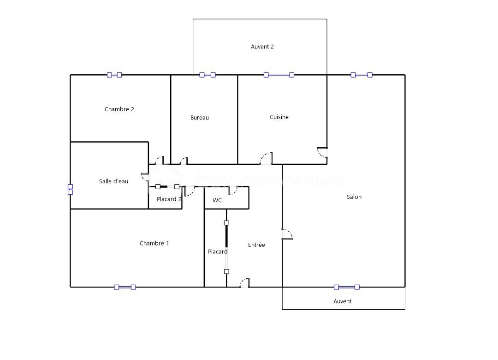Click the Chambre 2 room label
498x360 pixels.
[x=119, y=109]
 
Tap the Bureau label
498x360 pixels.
[x=200, y=117]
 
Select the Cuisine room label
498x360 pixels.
[x=279, y=117]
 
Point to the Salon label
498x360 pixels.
[x=354, y=197]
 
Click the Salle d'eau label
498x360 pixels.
[x=113, y=181]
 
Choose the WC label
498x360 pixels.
[x=217, y=200]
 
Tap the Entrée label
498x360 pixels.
[x=256, y=245]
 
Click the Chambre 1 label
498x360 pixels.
[x=154, y=243]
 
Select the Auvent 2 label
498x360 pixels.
[x=262, y=47]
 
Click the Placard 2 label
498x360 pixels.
[x=169, y=199]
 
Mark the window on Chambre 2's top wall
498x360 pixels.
[x=114, y=75]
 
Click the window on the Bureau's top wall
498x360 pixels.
[x=207, y=75]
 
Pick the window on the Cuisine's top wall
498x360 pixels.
[x=279, y=75]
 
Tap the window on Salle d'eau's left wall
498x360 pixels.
[x=70, y=189]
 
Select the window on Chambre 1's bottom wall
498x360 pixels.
[x=125, y=287]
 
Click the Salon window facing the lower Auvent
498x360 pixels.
[x=346, y=287]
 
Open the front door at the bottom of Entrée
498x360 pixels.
[x=245, y=283]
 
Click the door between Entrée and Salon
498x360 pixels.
[x=287, y=234]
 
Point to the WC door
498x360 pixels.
[x=233, y=191]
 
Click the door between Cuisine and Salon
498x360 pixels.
[x=322, y=153]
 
